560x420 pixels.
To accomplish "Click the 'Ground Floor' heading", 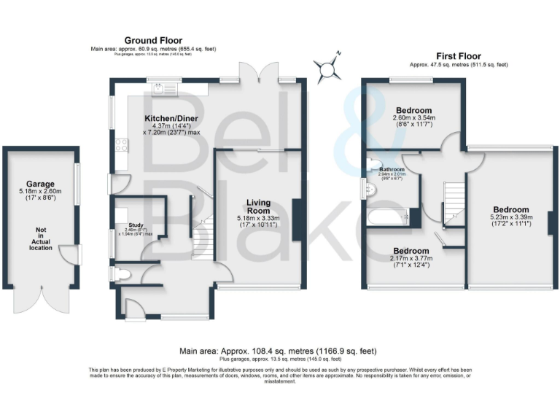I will click(153, 40).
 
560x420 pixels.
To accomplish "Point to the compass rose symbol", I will click(329, 67).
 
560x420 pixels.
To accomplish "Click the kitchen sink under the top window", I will click(157, 90).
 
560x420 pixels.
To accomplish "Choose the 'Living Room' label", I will click(259, 207).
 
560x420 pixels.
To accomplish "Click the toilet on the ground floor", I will click(120, 274).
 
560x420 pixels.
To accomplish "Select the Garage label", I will click(41, 184).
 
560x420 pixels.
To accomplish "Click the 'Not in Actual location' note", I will click(41, 239).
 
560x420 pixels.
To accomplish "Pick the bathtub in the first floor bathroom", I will click(384, 217).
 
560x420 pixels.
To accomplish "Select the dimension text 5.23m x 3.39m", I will click(510, 217).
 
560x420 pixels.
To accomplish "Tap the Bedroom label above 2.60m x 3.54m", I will click(413, 111).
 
